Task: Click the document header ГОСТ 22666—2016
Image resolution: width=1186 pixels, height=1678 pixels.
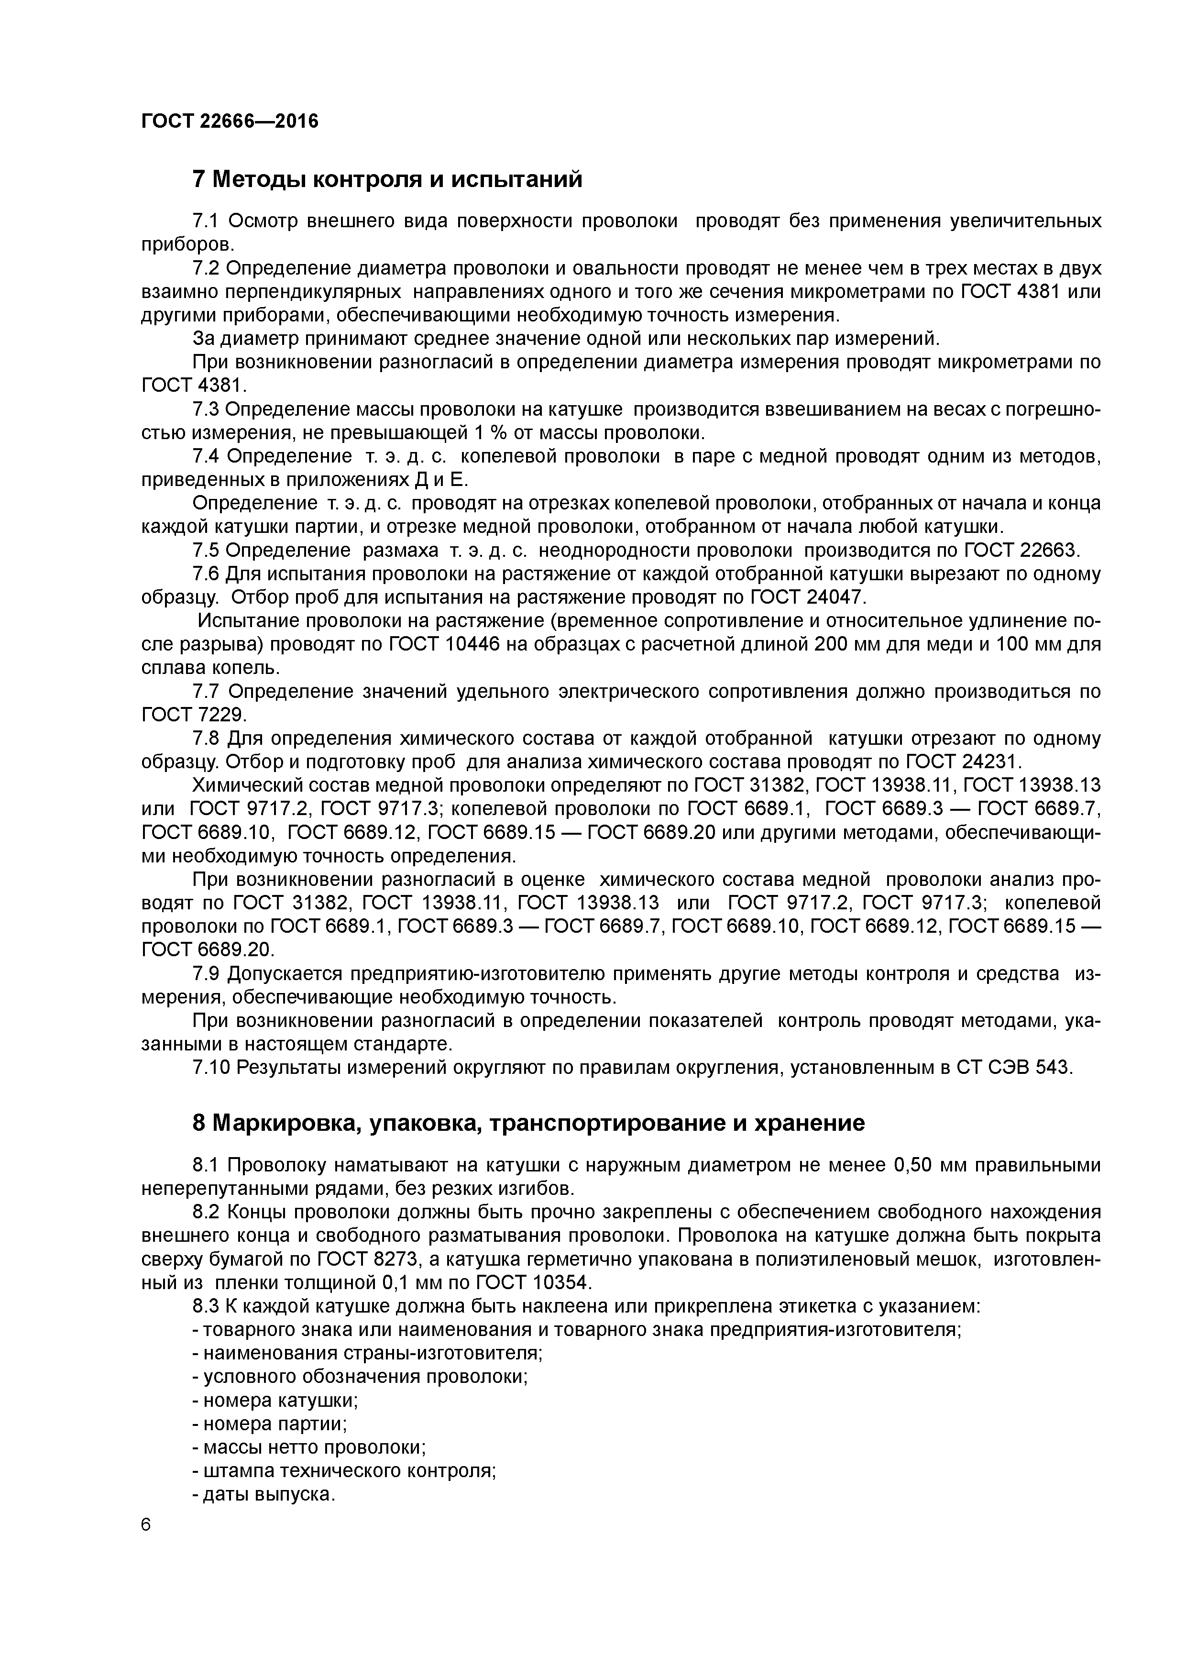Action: point(230,121)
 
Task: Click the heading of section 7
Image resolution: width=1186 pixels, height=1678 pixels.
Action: point(387,179)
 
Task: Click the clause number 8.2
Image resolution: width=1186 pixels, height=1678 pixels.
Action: point(206,1212)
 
